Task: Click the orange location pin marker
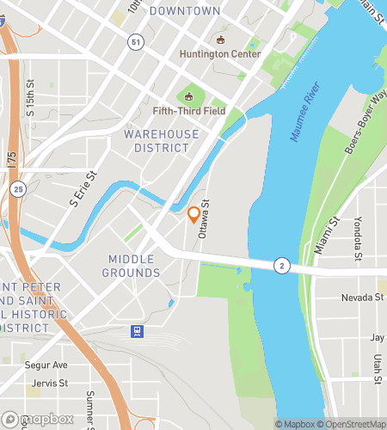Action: pos(194,214)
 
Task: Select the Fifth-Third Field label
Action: pos(189,110)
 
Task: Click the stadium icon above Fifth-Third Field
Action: pos(189,95)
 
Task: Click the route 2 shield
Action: pos(281,266)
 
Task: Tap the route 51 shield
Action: pos(136,42)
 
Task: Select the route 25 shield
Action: pos(18,187)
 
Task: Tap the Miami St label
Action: pos(322,236)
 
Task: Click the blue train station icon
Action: pos(136,331)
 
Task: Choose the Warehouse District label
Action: pos(161,141)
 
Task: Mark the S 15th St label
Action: pos(30,99)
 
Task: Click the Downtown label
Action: pos(185,11)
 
